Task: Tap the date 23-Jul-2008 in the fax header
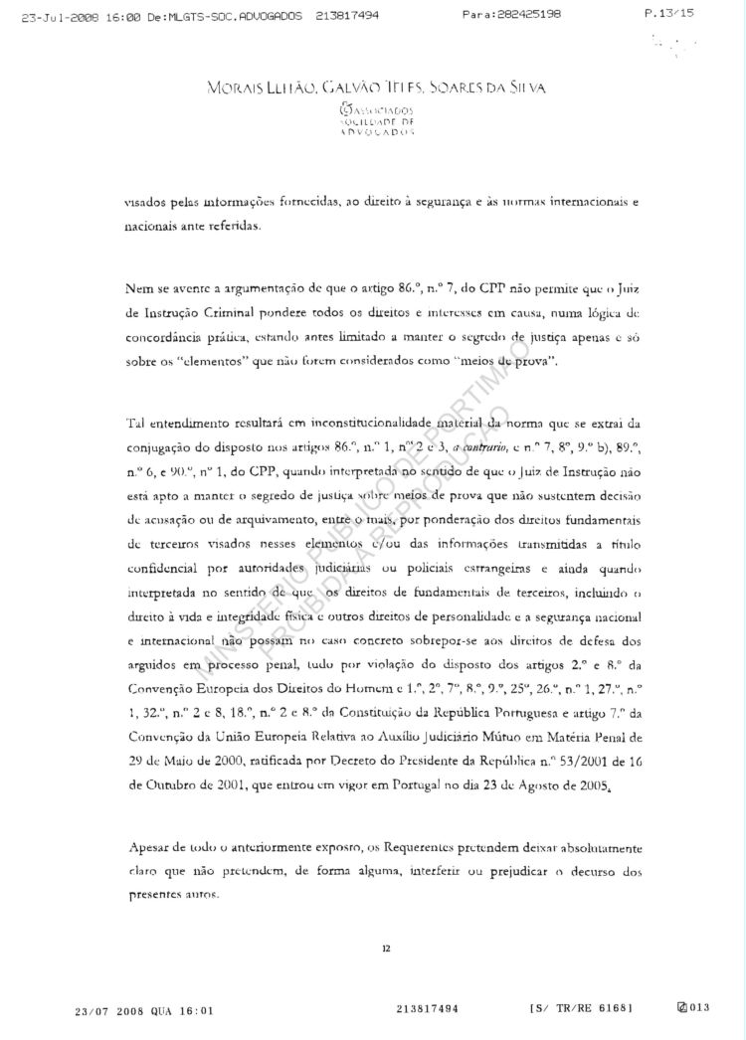point(49,15)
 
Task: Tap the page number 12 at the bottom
point(385,948)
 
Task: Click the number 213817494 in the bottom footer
point(427,1009)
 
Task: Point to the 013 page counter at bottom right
point(696,1009)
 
